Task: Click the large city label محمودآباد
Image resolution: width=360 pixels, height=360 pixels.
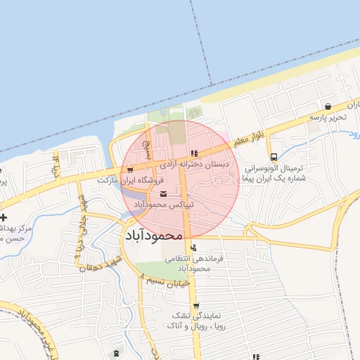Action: point(153,236)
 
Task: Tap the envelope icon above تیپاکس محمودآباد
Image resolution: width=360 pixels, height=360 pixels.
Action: point(164,194)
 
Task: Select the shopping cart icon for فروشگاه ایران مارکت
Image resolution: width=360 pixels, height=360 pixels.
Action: point(129,169)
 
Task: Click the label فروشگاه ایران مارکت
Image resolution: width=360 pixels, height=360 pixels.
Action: point(126,181)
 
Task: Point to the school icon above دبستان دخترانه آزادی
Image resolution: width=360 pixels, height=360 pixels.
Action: point(193,154)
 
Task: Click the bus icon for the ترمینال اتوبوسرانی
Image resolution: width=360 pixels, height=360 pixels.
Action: point(274,157)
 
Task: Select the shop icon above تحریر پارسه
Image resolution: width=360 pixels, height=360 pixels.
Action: point(328,106)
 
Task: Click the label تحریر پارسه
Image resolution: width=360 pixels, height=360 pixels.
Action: point(328,117)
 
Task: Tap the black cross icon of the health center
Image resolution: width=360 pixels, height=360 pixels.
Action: point(5,217)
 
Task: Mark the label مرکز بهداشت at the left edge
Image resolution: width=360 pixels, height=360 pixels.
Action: point(14,229)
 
